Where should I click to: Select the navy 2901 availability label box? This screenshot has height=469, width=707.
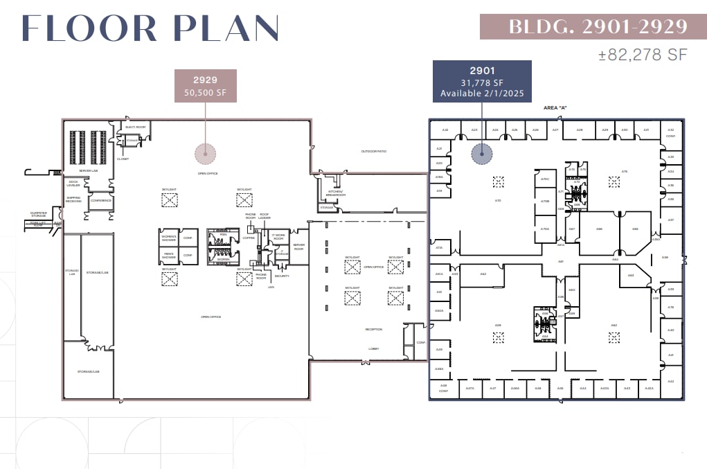click(x=482, y=82)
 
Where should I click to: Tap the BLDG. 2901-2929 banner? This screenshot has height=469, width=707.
click(x=597, y=27)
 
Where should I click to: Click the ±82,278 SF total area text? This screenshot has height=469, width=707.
click(x=643, y=55)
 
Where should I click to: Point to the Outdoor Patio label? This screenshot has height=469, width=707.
click(x=373, y=151)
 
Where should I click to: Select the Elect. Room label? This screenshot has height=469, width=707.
click(x=135, y=127)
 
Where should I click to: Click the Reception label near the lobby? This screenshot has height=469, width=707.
click(x=374, y=330)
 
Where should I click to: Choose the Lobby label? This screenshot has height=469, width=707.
click(x=374, y=348)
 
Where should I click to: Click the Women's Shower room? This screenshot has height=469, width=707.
click(x=169, y=238)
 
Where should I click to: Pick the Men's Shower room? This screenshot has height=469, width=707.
click(x=169, y=256)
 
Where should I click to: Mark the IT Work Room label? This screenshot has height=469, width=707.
click(x=278, y=237)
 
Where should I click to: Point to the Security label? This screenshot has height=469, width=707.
click(x=281, y=276)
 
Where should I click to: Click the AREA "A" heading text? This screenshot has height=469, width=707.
click(x=557, y=109)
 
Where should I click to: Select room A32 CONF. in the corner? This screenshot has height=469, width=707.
click(x=670, y=132)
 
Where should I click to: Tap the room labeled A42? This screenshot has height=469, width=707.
click(x=670, y=381)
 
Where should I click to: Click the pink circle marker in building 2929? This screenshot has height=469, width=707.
click(x=205, y=153)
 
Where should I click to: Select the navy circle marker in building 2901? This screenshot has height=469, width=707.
click(x=481, y=153)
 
